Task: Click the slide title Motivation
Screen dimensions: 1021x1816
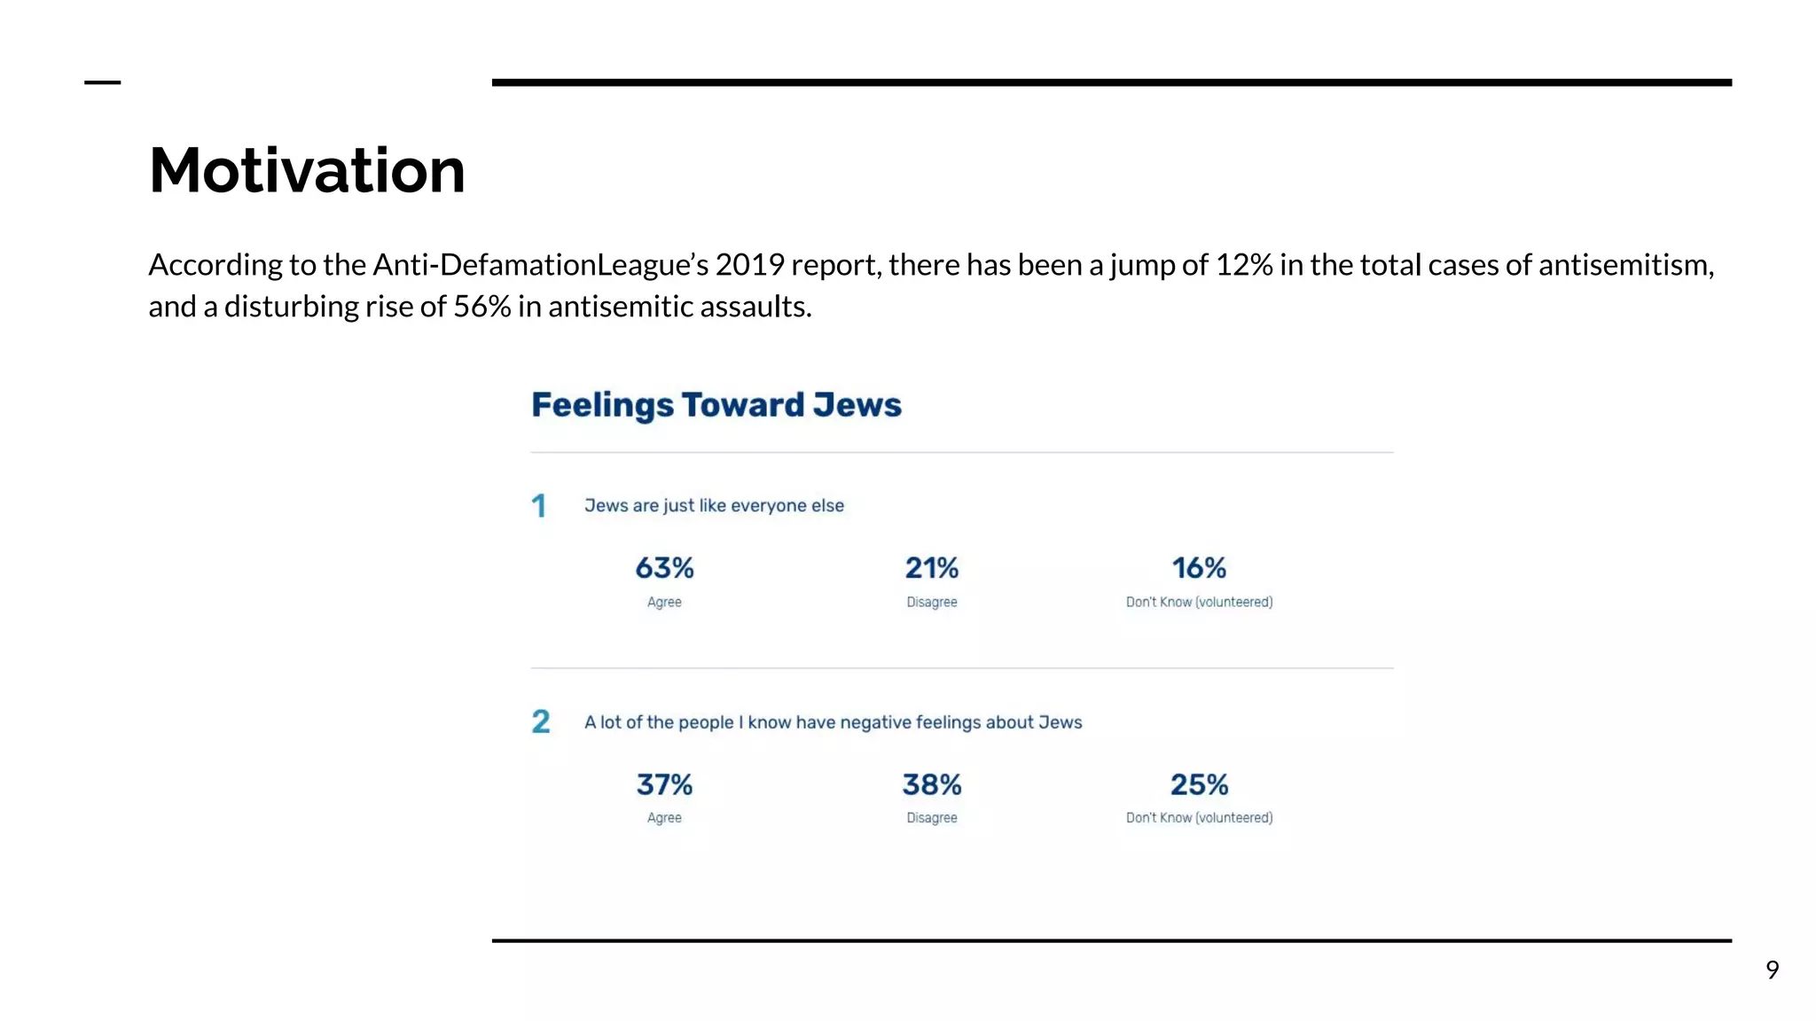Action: click(x=307, y=170)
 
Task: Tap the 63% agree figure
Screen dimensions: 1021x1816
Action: click(x=664, y=568)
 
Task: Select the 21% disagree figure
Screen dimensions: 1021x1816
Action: click(x=931, y=568)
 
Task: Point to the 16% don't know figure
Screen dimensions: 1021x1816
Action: click(x=1199, y=568)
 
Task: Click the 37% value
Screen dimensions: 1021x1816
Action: click(x=664, y=784)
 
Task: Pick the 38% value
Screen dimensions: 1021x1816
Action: click(x=931, y=784)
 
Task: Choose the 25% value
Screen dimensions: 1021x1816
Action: click(x=1199, y=784)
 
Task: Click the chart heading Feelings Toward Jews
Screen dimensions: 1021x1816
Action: click(x=716, y=405)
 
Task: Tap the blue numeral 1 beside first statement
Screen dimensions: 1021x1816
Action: click(x=538, y=506)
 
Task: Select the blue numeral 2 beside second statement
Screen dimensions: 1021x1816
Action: click(x=540, y=721)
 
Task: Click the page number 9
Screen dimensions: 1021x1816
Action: click(x=1772, y=970)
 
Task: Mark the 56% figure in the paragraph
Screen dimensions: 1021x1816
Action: click(x=482, y=307)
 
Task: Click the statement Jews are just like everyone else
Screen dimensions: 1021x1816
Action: click(x=714, y=506)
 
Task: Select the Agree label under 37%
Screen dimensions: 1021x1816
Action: click(x=664, y=818)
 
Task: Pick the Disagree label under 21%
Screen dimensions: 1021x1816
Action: click(x=931, y=602)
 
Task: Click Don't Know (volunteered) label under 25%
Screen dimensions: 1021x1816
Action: click(x=1199, y=818)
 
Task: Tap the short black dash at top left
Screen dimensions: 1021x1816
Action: click(x=102, y=82)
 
